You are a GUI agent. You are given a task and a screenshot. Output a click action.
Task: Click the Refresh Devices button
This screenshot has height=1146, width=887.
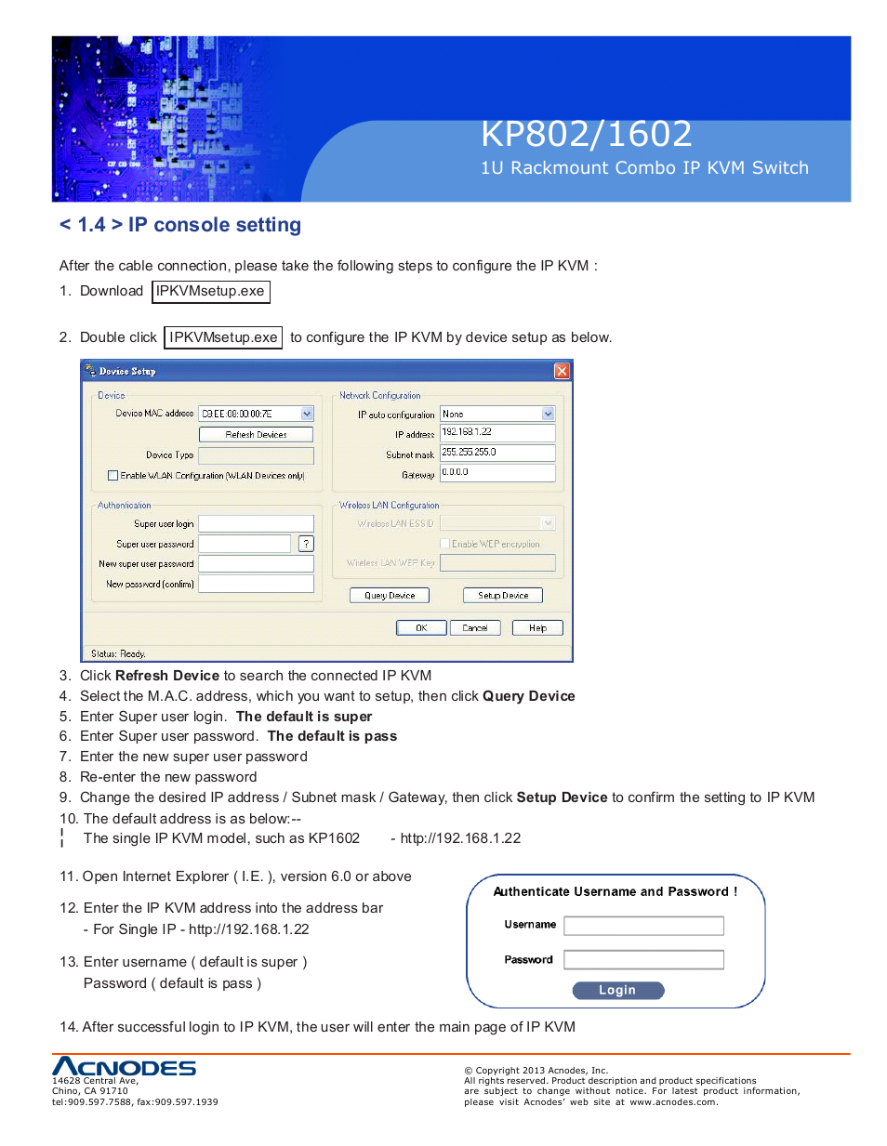(x=256, y=434)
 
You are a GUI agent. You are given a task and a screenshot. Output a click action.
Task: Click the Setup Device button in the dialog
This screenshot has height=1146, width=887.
(x=502, y=595)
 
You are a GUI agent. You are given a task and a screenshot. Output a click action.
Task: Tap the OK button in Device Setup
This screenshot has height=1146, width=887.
(x=421, y=627)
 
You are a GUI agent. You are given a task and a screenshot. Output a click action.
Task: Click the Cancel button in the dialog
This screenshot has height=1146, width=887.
(x=475, y=627)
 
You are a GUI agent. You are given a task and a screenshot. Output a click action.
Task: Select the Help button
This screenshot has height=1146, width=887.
(x=537, y=627)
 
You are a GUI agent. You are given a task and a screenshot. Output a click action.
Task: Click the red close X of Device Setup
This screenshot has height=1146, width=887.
(x=562, y=371)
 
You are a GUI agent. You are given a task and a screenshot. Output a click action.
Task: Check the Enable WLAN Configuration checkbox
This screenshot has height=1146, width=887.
(x=113, y=475)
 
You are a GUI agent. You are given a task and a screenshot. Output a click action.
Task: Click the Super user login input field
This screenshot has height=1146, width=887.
(x=256, y=523)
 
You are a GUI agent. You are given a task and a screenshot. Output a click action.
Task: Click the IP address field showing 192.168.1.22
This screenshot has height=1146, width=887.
(x=496, y=432)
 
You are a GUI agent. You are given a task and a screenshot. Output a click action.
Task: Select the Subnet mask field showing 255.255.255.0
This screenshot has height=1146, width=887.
(x=496, y=453)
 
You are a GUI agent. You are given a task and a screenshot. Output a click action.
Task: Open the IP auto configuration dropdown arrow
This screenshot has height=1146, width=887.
(x=548, y=414)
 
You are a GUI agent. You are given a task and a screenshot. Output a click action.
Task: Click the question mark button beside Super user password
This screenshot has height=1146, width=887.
(x=306, y=544)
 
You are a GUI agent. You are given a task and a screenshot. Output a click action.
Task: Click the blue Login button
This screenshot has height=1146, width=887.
(x=617, y=990)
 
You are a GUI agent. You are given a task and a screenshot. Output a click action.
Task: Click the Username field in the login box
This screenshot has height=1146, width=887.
(x=643, y=925)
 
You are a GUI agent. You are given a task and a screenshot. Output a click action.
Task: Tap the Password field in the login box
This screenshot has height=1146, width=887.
(x=643, y=959)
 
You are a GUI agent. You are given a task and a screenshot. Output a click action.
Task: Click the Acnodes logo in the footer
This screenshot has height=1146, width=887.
(x=124, y=1066)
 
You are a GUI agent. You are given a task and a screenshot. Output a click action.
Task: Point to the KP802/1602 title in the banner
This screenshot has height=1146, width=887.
(x=586, y=134)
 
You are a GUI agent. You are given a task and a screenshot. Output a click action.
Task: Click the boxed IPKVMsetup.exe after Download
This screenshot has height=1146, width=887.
(x=210, y=291)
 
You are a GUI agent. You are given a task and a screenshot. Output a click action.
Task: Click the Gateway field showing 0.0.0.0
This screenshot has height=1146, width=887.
(x=496, y=472)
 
